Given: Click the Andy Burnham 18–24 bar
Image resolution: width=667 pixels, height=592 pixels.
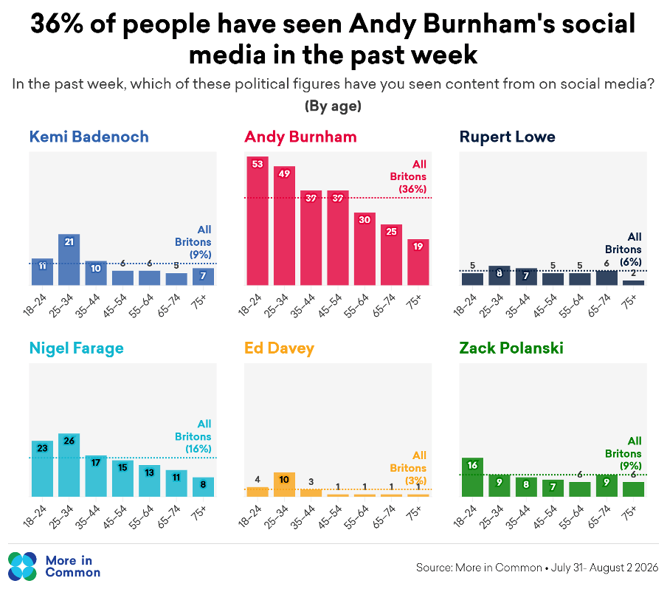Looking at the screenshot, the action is coord(258,221).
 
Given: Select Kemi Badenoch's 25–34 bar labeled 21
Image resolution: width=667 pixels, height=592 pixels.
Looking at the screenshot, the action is coord(69,260).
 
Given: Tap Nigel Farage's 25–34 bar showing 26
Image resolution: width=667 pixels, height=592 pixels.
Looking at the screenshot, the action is coord(69,465).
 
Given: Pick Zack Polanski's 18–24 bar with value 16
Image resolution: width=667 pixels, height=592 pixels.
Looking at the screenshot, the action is coord(472,477).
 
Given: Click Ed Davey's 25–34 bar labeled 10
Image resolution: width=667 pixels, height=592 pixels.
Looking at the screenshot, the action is coord(284,484).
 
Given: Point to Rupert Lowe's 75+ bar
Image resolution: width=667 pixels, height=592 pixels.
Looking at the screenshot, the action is coord(633,283).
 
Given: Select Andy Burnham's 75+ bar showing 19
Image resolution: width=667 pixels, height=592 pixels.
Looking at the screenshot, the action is coord(418,262).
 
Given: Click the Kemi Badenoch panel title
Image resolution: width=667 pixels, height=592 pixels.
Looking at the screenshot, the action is coord(89,137).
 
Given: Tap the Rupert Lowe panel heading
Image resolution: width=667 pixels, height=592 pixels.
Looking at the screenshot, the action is coord(507,137).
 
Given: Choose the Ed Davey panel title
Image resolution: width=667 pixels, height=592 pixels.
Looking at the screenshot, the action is coord(279,348).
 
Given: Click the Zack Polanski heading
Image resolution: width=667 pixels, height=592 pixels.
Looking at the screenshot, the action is coord(511,348).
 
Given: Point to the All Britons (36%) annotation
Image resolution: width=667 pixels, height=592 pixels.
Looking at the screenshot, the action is coord(408,176).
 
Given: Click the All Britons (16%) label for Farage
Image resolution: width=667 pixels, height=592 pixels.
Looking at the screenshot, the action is coord(193,436).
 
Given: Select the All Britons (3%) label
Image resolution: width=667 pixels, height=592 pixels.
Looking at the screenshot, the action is coord(408,468).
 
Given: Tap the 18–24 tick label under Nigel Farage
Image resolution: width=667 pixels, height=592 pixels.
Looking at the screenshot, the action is coord(35,517).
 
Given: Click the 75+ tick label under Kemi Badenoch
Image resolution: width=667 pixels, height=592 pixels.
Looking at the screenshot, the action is coord(198,301).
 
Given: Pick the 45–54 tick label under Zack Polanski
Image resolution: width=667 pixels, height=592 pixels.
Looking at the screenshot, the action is coord(545,517).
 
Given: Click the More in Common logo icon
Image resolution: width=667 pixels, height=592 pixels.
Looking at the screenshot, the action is coord(22,566).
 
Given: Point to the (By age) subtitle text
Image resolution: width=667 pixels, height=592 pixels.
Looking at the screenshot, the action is coord(333,106).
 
